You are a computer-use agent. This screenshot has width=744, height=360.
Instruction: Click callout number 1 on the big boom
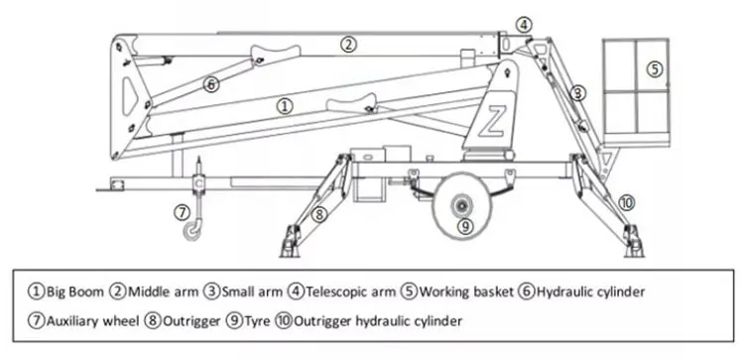(285, 106)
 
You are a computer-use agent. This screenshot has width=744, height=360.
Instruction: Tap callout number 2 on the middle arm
(348, 45)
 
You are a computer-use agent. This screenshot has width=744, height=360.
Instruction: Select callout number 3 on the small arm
(577, 93)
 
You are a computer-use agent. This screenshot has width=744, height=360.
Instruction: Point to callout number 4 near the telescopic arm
(524, 25)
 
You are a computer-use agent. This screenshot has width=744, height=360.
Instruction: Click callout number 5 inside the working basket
(655, 69)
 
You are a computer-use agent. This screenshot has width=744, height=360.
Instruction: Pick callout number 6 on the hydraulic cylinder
(211, 85)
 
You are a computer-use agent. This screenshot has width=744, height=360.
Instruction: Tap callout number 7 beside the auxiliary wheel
(182, 213)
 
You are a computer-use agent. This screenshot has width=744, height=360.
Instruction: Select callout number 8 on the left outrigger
(319, 214)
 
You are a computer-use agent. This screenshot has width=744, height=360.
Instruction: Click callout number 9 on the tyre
(465, 227)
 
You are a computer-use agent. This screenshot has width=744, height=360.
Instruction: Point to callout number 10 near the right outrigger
(626, 203)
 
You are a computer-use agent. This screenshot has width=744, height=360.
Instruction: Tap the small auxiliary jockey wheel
(192, 231)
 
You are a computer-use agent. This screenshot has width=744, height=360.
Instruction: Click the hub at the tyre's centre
(460, 206)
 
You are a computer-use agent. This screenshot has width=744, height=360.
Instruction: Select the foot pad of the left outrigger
(290, 244)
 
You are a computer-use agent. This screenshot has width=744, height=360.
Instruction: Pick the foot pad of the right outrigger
(634, 244)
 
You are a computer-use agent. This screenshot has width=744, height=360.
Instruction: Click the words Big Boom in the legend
(74, 292)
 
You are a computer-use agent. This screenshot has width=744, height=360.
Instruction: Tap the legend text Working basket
(466, 292)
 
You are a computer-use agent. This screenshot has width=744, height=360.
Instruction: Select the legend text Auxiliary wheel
(92, 321)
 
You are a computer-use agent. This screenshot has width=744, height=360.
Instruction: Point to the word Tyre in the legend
(257, 321)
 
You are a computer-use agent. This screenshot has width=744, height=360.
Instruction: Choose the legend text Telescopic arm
(350, 292)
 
